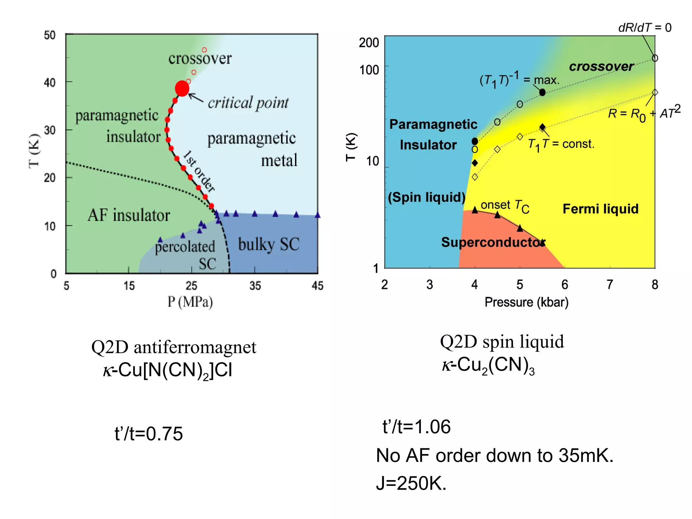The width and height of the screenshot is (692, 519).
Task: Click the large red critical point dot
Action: point(182,89)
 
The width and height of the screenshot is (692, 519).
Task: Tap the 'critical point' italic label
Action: point(248,103)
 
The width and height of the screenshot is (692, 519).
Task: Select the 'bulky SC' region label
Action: point(269,244)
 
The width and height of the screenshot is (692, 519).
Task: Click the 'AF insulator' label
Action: point(129,215)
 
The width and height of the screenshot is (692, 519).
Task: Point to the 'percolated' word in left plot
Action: point(185,247)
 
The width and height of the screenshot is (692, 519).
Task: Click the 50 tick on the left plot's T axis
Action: point(50,35)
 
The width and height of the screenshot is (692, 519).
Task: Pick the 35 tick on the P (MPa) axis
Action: point(255,286)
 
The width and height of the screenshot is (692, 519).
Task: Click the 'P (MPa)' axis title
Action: point(190,302)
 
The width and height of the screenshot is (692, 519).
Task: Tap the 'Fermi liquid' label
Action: point(600,209)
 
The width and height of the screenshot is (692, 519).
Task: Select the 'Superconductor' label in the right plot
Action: point(493,242)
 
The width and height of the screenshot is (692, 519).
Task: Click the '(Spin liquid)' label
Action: point(426,197)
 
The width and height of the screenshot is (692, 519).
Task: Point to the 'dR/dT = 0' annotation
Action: point(644,28)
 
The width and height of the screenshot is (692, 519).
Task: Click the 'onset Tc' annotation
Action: point(505,205)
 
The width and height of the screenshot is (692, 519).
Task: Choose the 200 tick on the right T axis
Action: point(369,43)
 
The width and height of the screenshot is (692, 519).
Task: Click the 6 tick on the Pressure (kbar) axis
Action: point(565,285)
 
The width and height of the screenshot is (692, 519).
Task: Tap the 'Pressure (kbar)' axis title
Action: point(526,302)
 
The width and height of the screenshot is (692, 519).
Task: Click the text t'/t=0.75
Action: point(148,434)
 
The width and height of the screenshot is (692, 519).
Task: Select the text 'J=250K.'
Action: point(411,483)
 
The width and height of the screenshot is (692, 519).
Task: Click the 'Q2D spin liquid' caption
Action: point(502,342)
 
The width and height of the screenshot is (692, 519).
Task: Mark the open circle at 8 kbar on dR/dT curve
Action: point(655,58)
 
